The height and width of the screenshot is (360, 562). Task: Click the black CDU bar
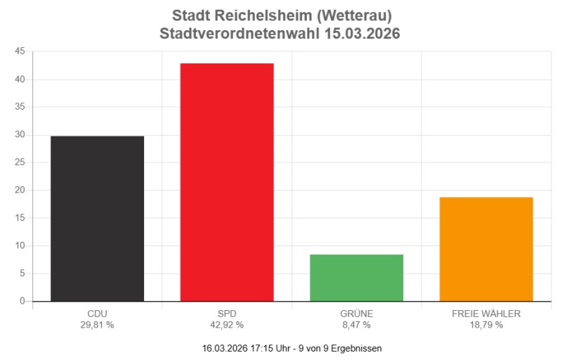tap(97, 219)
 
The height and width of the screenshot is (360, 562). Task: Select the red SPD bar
tap(227, 182)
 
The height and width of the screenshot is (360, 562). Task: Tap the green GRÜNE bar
tap(356, 278)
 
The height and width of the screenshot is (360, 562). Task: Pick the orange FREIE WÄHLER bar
tap(486, 249)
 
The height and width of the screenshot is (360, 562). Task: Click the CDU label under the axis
tap(97, 314)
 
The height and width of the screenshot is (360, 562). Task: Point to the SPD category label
tap(227, 314)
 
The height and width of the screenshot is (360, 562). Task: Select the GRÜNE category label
tap(356, 314)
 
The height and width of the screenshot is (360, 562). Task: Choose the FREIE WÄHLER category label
tap(486, 314)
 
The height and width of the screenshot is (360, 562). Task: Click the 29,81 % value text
tap(97, 325)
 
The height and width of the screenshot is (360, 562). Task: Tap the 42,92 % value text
tap(227, 325)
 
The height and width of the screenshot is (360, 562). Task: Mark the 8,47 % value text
tap(356, 325)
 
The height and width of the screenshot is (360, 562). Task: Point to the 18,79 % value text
tap(486, 325)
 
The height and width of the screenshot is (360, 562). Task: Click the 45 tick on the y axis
tap(19, 51)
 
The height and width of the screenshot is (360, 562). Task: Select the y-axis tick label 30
tap(19, 135)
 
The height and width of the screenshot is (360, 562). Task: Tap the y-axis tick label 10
tap(19, 245)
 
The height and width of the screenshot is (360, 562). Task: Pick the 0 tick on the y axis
tap(22, 301)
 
